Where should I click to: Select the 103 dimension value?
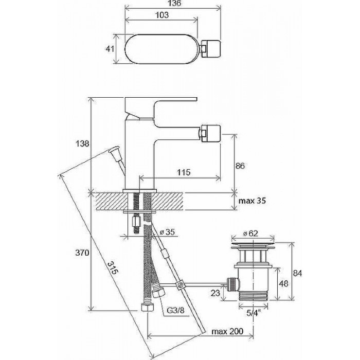coord(162,15)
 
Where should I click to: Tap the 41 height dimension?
coord(110,49)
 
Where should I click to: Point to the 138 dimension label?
coord(82,144)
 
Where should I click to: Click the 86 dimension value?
coord(240,166)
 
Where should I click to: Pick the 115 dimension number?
coord(184,172)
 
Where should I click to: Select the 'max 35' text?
coord(252,201)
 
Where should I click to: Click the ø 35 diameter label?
coord(167,232)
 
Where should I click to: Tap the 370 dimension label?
coord(82,253)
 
